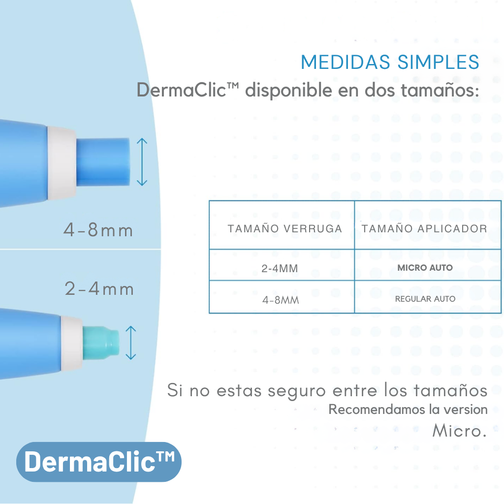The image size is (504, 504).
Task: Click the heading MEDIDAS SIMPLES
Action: click(x=390, y=63)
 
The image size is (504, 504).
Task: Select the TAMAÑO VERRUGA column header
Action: click(x=284, y=228)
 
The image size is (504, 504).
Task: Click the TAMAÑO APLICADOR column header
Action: click(x=424, y=228)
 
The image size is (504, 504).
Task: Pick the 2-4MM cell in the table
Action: click(x=280, y=268)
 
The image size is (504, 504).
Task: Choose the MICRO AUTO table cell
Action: click(x=425, y=268)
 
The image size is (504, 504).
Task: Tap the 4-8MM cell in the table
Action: click(x=280, y=299)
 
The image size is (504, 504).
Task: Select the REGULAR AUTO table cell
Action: click(x=425, y=299)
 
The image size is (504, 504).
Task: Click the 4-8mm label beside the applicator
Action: click(x=98, y=230)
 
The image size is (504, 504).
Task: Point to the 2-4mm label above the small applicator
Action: click(x=99, y=288)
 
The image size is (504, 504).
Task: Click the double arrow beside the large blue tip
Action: click(x=142, y=162)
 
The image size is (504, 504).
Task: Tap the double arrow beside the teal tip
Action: click(x=131, y=343)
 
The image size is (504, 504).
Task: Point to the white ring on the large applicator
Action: click(x=62, y=162)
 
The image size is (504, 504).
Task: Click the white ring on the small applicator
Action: click(x=72, y=343)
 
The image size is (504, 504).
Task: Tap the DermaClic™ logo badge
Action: click(x=99, y=462)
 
